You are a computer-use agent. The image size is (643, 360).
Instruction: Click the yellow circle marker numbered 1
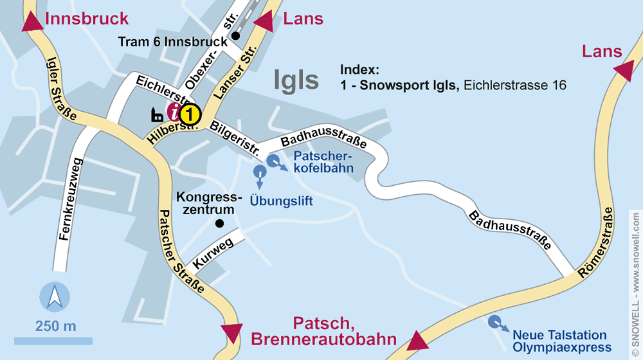[190, 115]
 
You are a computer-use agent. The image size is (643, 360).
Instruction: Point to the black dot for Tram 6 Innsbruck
[236, 36]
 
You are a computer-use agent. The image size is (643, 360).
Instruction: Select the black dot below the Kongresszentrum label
[219, 224]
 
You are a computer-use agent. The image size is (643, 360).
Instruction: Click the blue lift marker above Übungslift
[259, 172]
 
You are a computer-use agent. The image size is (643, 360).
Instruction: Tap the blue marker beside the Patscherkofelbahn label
[273, 161]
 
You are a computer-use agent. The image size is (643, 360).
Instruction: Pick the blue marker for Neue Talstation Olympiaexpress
[494, 322]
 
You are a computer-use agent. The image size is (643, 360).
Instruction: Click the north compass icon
[55, 298]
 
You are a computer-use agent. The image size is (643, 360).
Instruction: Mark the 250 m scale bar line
[53, 340]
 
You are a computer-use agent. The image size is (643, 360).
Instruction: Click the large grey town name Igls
[296, 80]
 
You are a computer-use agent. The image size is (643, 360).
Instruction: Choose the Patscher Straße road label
[181, 251]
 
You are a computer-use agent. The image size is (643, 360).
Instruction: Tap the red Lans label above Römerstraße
[602, 52]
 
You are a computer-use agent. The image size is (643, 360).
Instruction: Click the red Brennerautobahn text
[323, 339]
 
